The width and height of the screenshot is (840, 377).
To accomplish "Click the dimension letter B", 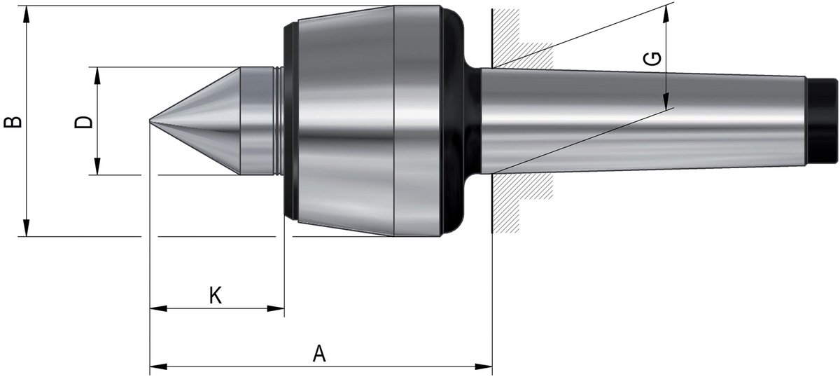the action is click(x=13, y=122).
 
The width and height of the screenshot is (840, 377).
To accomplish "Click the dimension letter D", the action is click(x=83, y=122).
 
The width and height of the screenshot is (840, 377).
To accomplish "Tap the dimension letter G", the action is click(x=652, y=59).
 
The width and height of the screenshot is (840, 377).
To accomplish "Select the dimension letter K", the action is click(x=216, y=295).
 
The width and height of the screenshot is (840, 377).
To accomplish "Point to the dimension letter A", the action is click(x=319, y=353).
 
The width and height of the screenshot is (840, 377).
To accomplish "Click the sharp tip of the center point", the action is click(x=149, y=121).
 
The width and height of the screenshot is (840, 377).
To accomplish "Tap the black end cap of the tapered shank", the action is click(x=821, y=121).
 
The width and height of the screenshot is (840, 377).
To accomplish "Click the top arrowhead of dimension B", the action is click(x=27, y=14).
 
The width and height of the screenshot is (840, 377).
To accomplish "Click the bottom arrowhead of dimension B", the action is click(x=27, y=228).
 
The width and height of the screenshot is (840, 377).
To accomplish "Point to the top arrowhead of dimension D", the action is click(x=97, y=76).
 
